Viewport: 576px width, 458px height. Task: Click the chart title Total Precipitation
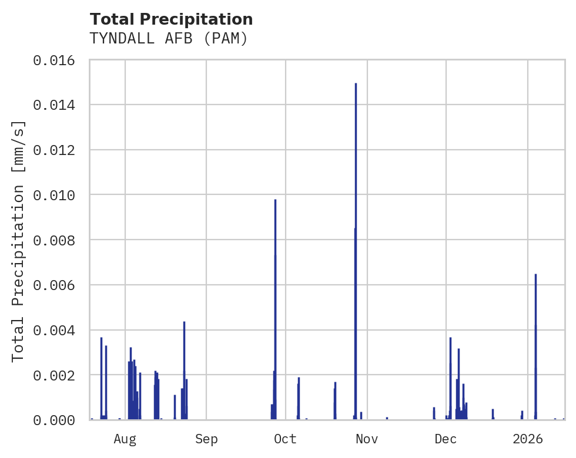171,19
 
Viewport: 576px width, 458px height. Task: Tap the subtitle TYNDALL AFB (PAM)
168,39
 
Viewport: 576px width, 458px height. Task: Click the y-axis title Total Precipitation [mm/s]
19,241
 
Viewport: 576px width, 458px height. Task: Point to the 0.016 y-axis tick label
58,60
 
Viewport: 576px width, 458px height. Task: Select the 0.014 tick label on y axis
58,105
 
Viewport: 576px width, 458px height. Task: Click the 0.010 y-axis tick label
58,195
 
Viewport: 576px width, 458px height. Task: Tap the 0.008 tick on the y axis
58,240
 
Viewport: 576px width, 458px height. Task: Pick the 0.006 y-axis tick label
58,285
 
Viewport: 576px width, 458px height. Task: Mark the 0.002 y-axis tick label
58,375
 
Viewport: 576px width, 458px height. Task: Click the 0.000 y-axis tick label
58,420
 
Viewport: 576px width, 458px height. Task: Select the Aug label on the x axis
125,439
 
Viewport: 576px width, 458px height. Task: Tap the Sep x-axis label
206,439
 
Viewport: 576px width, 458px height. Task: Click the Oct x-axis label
285,439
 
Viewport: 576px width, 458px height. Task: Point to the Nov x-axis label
366,439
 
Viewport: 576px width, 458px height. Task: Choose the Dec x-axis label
446,439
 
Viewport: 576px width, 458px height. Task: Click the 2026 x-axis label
528,439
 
